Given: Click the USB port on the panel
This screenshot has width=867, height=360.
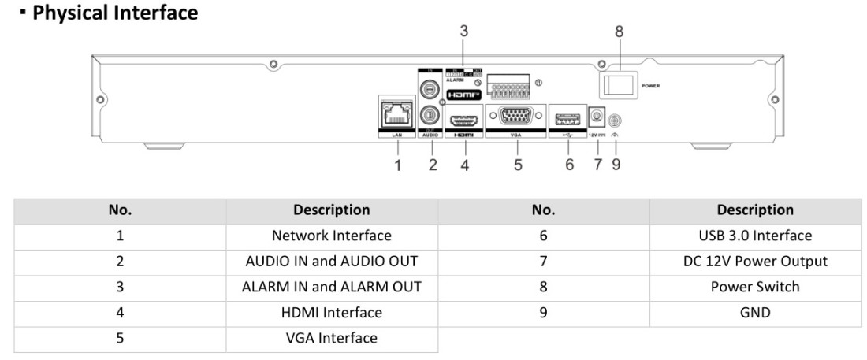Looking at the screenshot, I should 567,117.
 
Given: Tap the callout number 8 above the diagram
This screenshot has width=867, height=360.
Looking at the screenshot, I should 619,32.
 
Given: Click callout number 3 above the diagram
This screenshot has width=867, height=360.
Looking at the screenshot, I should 465,32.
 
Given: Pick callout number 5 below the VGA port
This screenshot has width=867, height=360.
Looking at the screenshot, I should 518,165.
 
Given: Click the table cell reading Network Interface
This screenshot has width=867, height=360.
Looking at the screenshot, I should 331,236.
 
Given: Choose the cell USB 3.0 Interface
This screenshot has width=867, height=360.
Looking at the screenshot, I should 755,236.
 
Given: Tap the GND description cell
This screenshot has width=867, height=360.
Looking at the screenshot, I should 755,312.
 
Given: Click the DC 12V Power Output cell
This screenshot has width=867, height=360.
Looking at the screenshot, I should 755,261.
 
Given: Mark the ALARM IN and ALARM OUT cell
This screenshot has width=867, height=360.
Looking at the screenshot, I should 331,287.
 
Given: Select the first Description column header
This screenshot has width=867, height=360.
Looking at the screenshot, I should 331,210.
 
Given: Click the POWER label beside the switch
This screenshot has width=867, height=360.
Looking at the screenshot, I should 650,85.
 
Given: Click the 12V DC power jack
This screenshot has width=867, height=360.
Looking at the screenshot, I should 597,117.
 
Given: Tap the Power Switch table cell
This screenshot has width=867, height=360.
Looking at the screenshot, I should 755,287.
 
